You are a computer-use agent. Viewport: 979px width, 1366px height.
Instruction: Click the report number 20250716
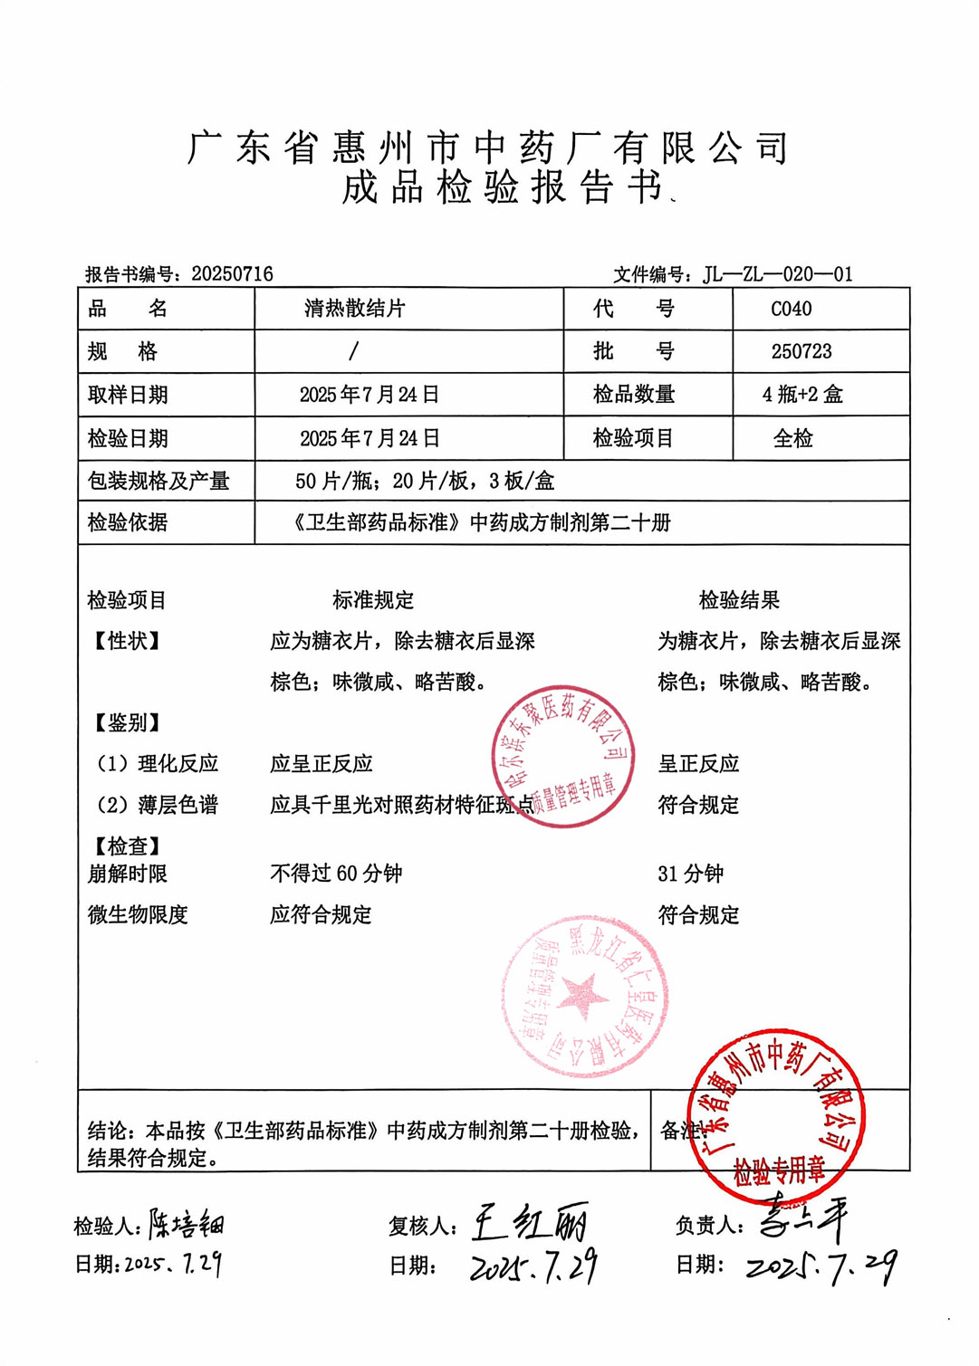(x=232, y=274)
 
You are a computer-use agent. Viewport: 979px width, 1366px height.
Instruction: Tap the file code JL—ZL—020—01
(x=778, y=274)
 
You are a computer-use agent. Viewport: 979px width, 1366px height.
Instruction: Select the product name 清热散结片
(x=355, y=309)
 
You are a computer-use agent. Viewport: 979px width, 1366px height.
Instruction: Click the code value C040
(x=791, y=310)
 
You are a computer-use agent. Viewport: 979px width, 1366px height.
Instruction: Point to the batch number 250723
(x=801, y=351)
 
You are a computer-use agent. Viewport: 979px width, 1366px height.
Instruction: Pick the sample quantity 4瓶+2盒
(x=802, y=395)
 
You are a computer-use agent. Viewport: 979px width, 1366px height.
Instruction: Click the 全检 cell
(x=792, y=439)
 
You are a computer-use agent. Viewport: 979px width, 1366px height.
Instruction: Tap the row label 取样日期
(x=128, y=395)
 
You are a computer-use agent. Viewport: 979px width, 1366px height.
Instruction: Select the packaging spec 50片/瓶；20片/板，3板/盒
(x=424, y=481)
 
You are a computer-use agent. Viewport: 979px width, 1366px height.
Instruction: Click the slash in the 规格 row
(x=353, y=351)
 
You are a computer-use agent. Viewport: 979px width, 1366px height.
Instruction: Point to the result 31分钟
(x=690, y=874)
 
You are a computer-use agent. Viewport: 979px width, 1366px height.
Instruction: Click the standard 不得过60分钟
(x=336, y=874)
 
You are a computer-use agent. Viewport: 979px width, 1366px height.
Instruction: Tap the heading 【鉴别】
(x=128, y=722)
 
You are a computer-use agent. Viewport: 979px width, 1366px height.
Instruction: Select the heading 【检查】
(x=128, y=846)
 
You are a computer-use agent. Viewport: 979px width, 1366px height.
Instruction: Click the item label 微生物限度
(x=138, y=915)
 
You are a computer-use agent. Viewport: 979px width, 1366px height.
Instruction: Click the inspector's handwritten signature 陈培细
(x=187, y=1225)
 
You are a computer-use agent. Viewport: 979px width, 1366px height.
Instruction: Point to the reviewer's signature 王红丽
(x=530, y=1225)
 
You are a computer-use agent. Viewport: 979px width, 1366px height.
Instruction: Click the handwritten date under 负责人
(x=821, y=1267)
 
